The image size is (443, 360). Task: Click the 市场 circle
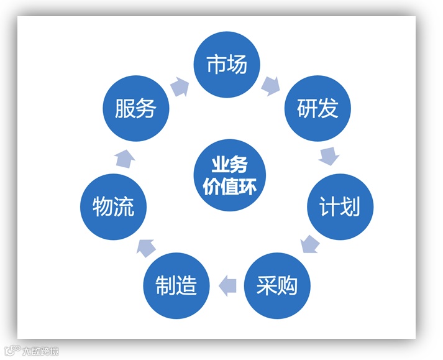226,64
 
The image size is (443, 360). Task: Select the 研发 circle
317,109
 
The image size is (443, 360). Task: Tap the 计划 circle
340,207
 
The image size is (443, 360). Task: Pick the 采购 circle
277,285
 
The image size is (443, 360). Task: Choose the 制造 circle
176,285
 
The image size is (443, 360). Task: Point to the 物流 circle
113,207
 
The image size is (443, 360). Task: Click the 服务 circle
135,109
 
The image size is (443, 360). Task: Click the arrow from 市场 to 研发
271,85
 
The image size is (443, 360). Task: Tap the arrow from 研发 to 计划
329,155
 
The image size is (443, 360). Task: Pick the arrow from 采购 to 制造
227,285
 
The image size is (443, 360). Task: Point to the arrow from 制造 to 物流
147,247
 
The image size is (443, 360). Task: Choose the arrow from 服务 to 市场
179,86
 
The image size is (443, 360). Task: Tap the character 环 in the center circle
247,186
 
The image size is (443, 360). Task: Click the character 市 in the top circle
215,64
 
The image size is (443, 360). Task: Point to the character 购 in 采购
288,285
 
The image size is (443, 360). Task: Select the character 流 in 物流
124,207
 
